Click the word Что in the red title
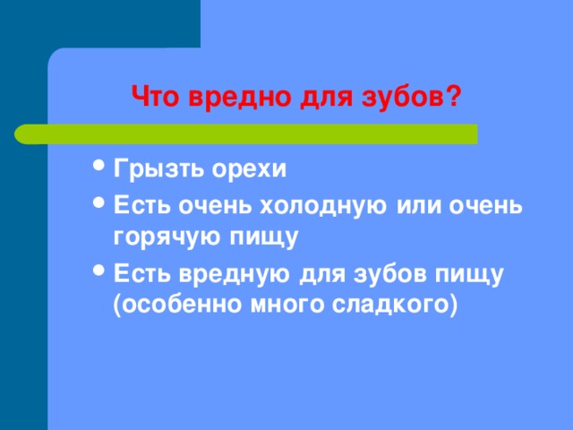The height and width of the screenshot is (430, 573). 155,97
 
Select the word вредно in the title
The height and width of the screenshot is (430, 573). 240,99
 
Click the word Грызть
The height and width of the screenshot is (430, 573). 158,169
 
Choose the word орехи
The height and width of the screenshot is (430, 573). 249,170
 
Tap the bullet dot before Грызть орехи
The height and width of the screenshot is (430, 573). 98,165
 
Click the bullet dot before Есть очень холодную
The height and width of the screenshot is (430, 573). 98,202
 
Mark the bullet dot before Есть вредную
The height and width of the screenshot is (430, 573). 98,271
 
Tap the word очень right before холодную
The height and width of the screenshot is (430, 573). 215,206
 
